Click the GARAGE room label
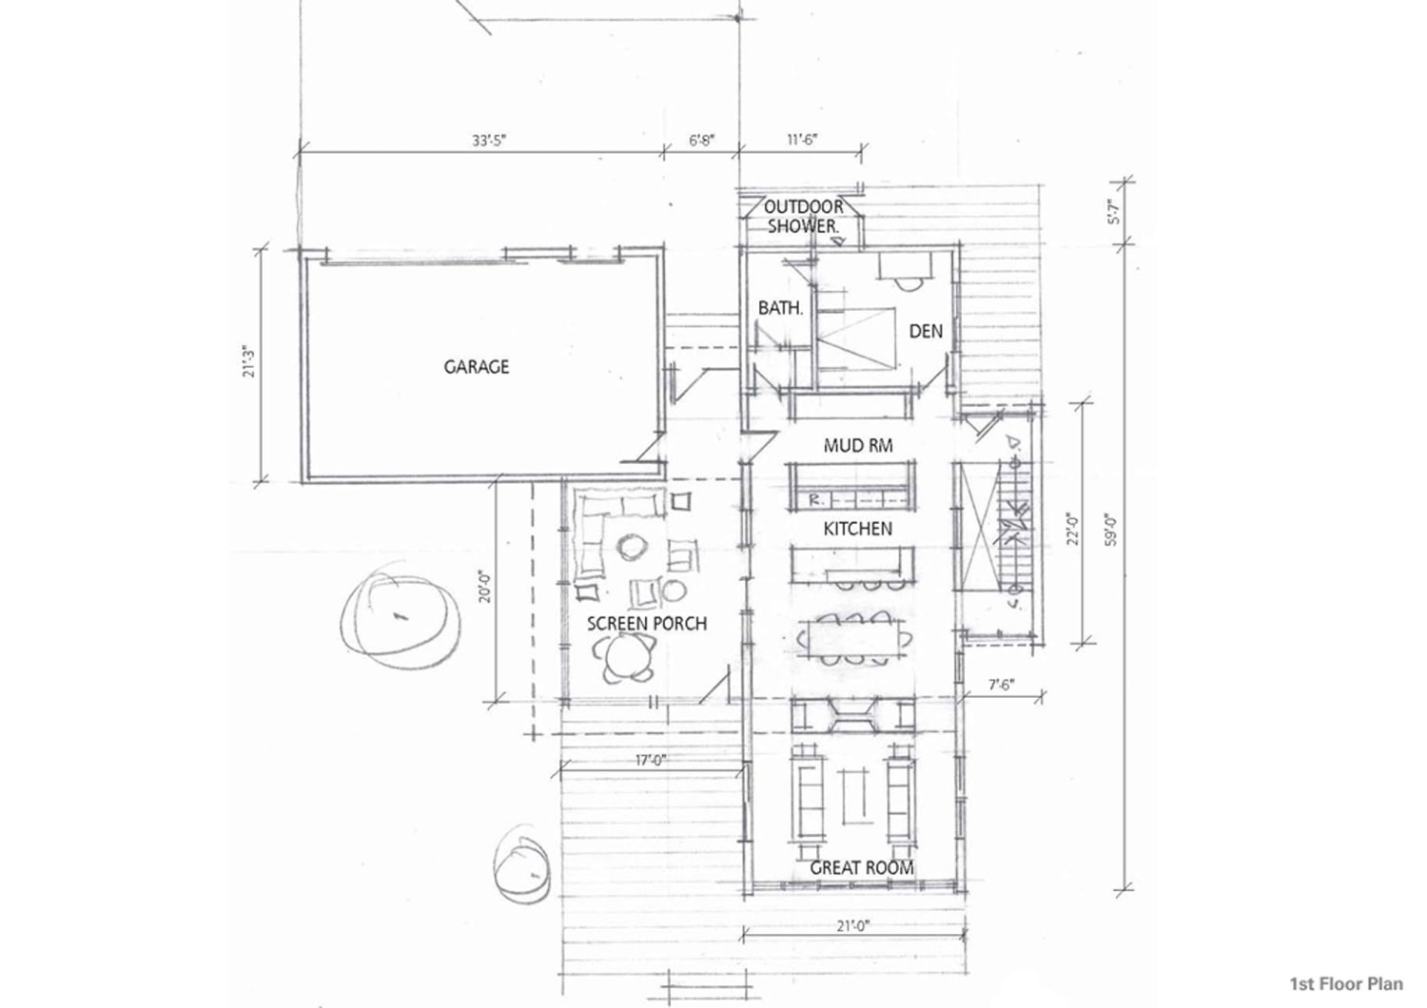coord(477,367)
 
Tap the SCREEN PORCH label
coord(647,624)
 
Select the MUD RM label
coord(858,445)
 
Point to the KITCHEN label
coord(857,529)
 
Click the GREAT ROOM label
coord(861,867)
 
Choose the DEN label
coord(926,331)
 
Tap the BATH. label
coord(780,308)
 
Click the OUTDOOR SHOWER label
coord(803,217)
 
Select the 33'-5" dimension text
coord(489,141)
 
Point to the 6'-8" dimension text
coord(701,140)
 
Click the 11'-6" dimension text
coord(801,140)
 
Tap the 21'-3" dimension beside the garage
coord(248,361)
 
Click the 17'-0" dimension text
coord(651,760)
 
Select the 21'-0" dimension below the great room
coord(853,926)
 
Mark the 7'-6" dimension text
coord(1001,686)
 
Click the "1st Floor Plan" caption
coord(1346,984)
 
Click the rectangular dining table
coord(853,637)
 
